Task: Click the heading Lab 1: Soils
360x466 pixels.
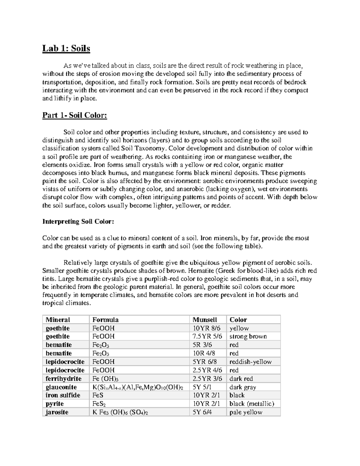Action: click(x=66, y=48)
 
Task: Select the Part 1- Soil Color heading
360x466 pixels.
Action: click(x=74, y=115)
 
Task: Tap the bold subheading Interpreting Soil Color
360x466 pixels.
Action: click(x=78, y=222)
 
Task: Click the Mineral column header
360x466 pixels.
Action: click(x=58, y=320)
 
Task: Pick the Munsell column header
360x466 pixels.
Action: click(x=205, y=320)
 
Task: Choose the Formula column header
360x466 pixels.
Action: click(x=105, y=320)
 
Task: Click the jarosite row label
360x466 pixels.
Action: click(x=57, y=412)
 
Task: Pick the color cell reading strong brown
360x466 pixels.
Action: click(x=248, y=336)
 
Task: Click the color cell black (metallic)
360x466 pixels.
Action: click(x=252, y=404)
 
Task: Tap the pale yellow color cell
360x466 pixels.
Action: click(x=246, y=412)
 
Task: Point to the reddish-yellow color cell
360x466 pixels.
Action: click(x=250, y=362)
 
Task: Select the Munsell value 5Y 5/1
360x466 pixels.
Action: click(x=202, y=387)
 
